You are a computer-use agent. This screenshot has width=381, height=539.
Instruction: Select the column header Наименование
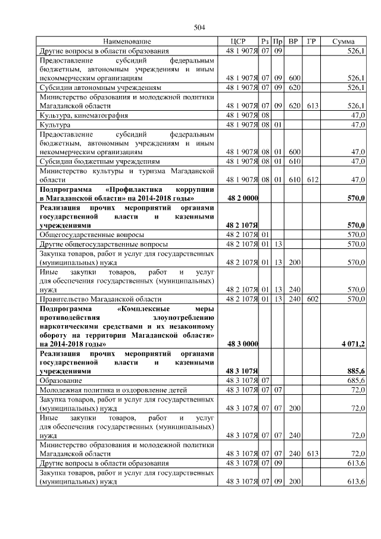(x=127, y=42)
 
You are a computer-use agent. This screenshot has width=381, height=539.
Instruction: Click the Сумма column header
(x=343, y=42)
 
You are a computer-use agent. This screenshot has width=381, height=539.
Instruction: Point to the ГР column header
(x=311, y=42)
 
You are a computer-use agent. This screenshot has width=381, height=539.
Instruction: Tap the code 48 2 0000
(x=242, y=198)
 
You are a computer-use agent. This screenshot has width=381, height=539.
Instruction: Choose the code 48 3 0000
(x=242, y=344)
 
